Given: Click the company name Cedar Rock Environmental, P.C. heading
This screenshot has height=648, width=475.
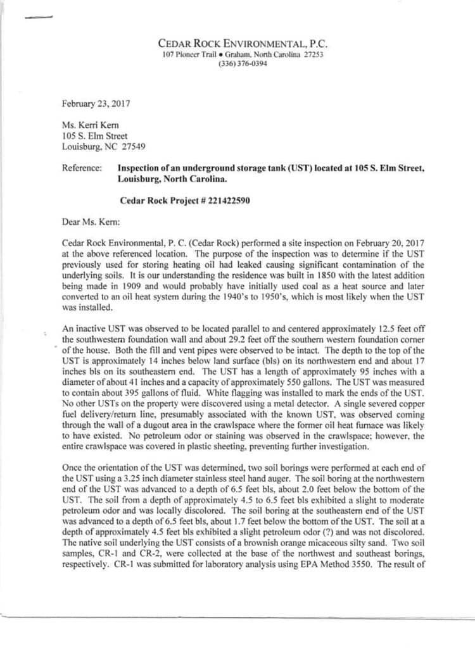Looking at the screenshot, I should pos(243,44).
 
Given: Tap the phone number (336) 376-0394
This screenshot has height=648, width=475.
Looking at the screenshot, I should pos(243,64).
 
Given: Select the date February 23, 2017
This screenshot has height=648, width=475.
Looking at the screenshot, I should pos(96,103).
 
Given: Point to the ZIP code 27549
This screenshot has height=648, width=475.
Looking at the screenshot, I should pos(133,146).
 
